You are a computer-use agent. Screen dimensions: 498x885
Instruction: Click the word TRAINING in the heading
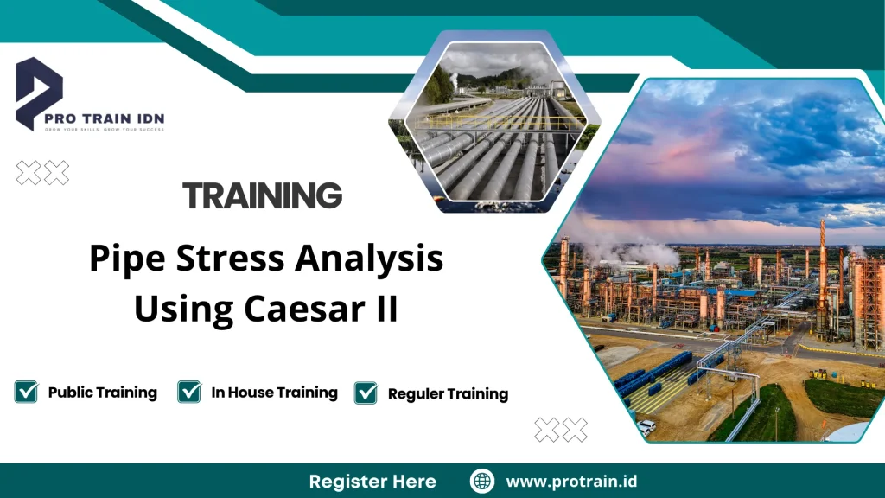coord(263,196)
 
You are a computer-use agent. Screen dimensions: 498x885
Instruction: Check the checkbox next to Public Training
coord(26,393)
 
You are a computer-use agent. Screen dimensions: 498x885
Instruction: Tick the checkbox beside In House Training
coord(189,393)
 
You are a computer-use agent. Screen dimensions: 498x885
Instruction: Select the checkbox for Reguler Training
coord(366,393)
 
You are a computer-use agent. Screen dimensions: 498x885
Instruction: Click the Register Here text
coord(372,481)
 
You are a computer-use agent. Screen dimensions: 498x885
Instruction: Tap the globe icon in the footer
coord(481,481)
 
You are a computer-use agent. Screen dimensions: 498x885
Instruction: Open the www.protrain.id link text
coord(571,481)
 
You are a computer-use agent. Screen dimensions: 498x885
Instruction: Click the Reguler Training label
coord(448,394)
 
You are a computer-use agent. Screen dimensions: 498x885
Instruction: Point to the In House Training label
coord(274,393)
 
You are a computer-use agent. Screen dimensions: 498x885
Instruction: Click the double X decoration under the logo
coord(42,173)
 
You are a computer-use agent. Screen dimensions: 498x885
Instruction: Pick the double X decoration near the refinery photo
coord(561,429)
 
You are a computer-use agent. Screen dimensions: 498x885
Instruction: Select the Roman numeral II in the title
coord(385,308)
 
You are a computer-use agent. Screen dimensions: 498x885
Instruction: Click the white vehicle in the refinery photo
coord(646,426)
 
